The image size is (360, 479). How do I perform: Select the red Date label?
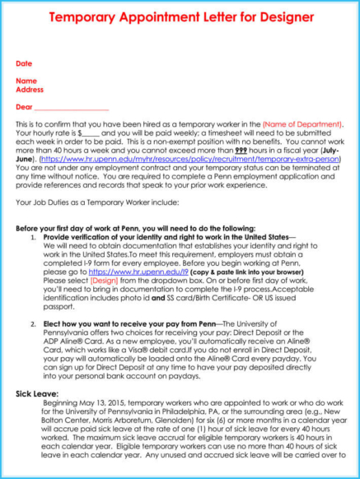[x=24, y=63]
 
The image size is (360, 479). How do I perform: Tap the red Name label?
[x=26, y=81]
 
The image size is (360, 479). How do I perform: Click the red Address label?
[x=30, y=89]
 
